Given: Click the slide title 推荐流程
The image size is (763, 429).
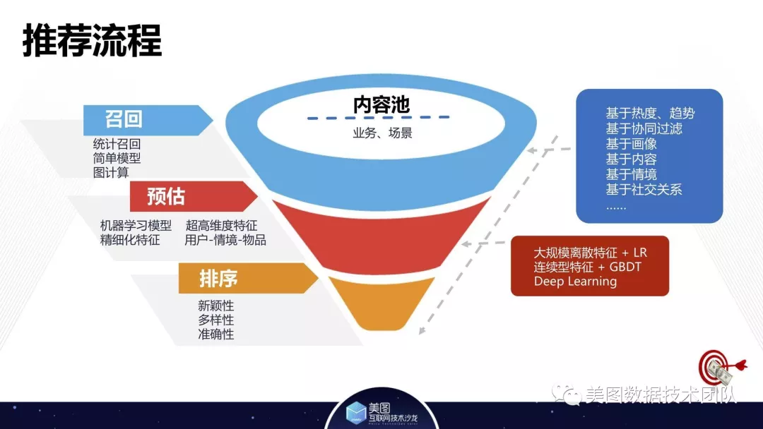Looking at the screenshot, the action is click(x=92, y=40).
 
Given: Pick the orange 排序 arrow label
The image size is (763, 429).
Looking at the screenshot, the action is click(x=248, y=279).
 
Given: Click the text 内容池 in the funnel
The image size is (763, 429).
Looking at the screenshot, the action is click(x=381, y=104).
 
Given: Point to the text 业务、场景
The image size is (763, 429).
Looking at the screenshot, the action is click(x=382, y=133).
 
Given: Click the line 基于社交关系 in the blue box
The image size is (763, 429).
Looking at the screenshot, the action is click(x=644, y=190).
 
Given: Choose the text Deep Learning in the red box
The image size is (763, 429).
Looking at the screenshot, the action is click(x=575, y=282).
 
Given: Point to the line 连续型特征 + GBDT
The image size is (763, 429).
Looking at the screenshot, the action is click(x=587, y=267).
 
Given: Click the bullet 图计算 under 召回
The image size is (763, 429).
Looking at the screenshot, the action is click(x=111, y=172).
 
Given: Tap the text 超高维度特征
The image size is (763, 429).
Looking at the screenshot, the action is click(x=221, y=225).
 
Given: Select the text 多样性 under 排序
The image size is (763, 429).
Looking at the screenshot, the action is click(x=216, y=320).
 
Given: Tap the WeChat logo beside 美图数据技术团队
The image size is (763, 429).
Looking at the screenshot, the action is click(x=567, y=394).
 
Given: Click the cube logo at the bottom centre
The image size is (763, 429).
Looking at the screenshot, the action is click(x=355, y=412).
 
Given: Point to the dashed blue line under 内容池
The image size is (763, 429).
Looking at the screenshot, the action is click(x=378, y=118).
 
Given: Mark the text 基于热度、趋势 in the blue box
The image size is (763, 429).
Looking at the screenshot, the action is click(x=650, y=113).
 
